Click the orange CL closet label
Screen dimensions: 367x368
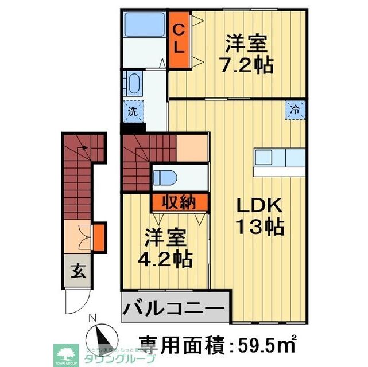point(179,38)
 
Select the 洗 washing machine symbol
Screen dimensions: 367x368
point(133,111)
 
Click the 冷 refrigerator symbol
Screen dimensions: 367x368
point(294,108)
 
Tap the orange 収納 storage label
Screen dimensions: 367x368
point(179,202)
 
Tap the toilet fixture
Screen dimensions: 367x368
point(166,177)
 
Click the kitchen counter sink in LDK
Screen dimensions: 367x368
point(278,158)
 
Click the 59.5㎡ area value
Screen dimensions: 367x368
point(269,346)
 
